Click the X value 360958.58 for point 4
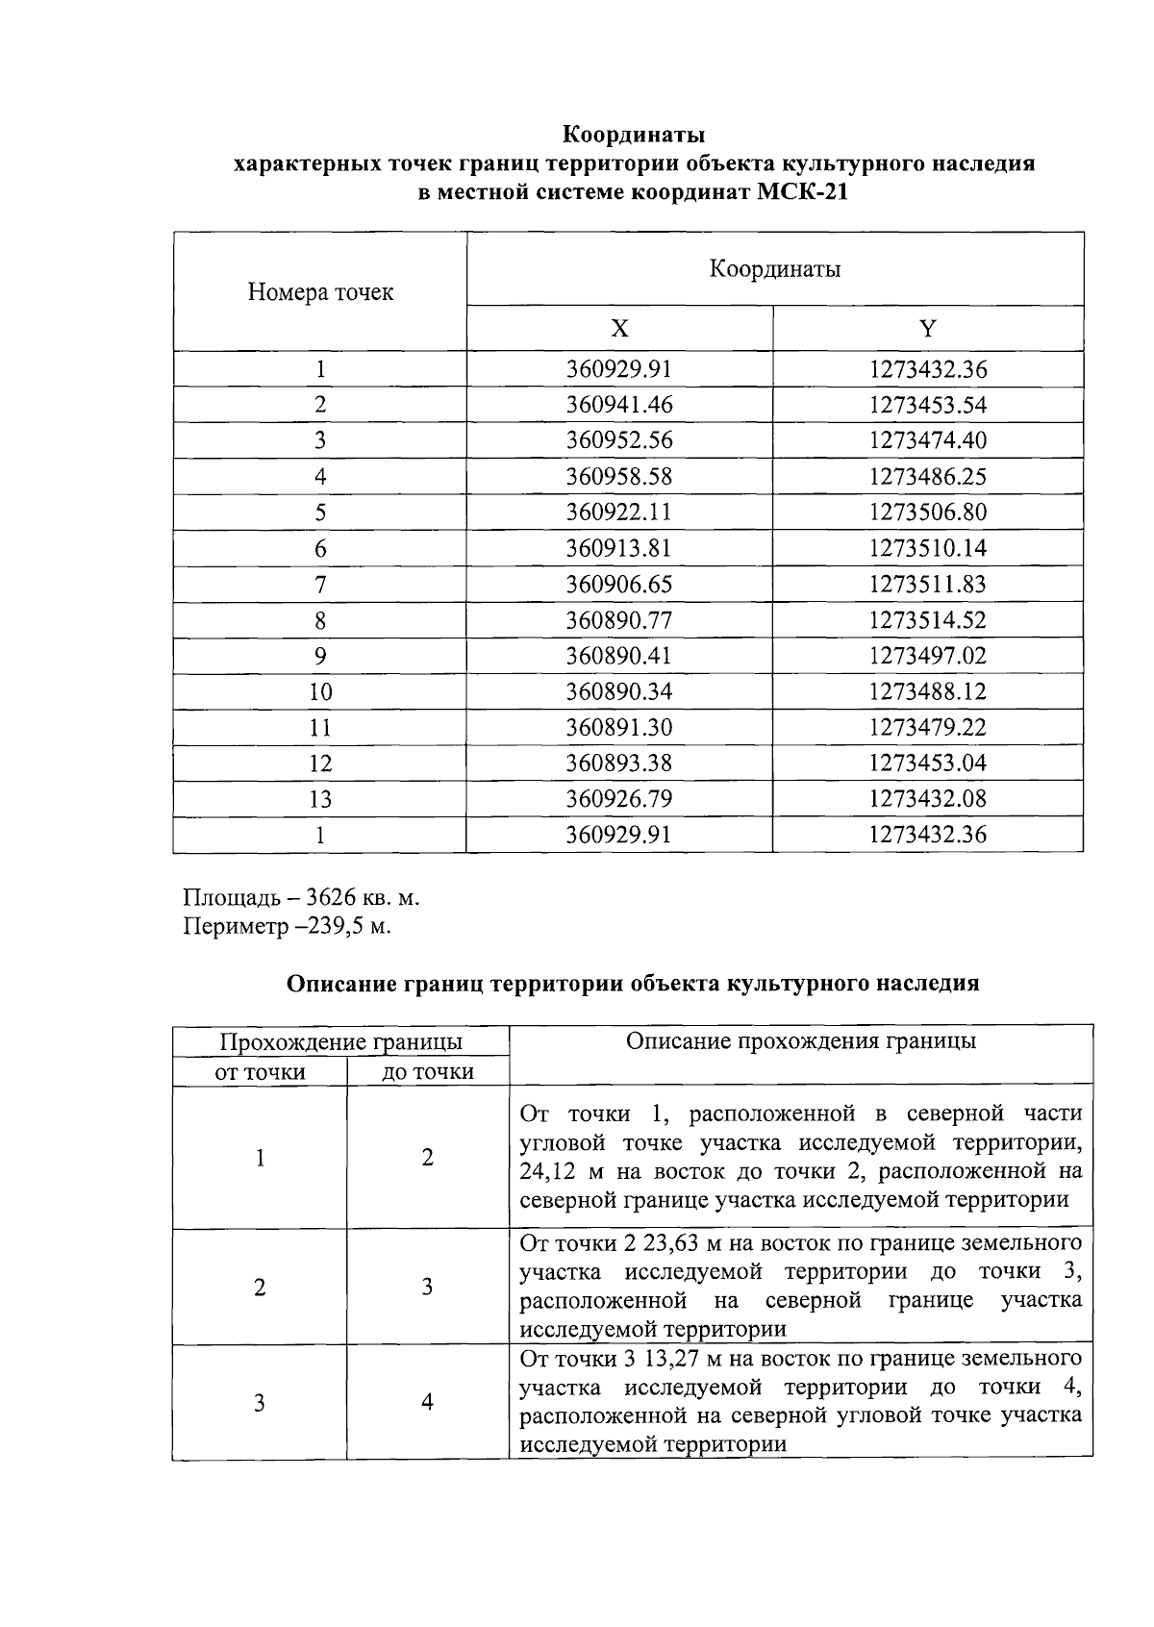point(619,477)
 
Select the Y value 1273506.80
point(927,513)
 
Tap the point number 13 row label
point(320,799)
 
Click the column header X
point(619,330)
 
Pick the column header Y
point(927,330)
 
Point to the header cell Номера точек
point(320,292)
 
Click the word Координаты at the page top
point(635,133)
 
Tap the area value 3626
point(332,898)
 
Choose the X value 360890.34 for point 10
point(619,692)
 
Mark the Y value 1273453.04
point(927,763)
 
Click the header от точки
point(260,1072)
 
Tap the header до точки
point(428,1072)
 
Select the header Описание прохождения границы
point(800,1041)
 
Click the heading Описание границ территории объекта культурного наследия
point(633,984)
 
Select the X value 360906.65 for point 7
point(619,585)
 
